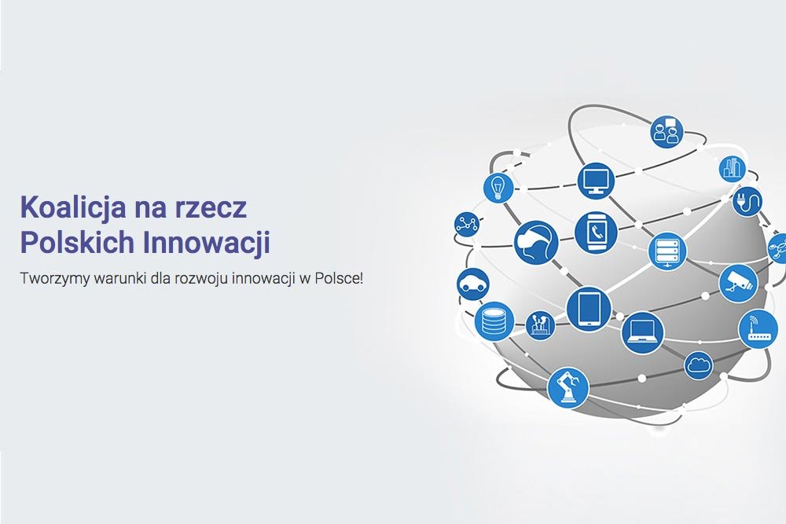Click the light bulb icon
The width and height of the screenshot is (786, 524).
[x=498, y=187]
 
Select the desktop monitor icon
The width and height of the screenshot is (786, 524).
[x=595, y=180]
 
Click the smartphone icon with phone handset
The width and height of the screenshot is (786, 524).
[x=596, y=233]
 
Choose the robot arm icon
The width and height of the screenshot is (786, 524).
[x=568, y=387]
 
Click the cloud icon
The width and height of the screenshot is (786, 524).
[x=698, y=365]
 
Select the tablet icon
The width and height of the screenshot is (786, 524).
[x=589, y=307]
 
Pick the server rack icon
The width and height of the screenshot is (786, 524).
[x=667, y=251]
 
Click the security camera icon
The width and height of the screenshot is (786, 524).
[x=739, y=282]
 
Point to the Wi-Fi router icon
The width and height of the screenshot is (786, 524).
[x=758, y=328]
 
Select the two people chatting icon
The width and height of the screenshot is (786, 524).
[x=667, y=131]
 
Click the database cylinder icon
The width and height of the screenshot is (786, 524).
[x=494, y=320]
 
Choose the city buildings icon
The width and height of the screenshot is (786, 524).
[x=733, y=169]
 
